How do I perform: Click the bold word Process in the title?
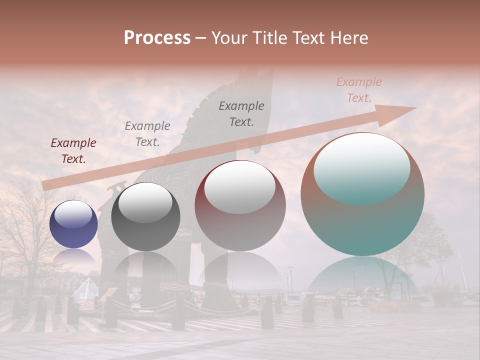157,38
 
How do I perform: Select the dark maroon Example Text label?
73,151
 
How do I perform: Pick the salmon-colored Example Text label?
359,90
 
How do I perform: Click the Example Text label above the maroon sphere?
241,114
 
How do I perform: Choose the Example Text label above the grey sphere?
147,134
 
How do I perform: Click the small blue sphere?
73,225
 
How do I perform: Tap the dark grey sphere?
145,217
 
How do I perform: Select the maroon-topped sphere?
240,206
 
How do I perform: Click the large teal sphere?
362,195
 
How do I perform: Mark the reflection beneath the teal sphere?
362,277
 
